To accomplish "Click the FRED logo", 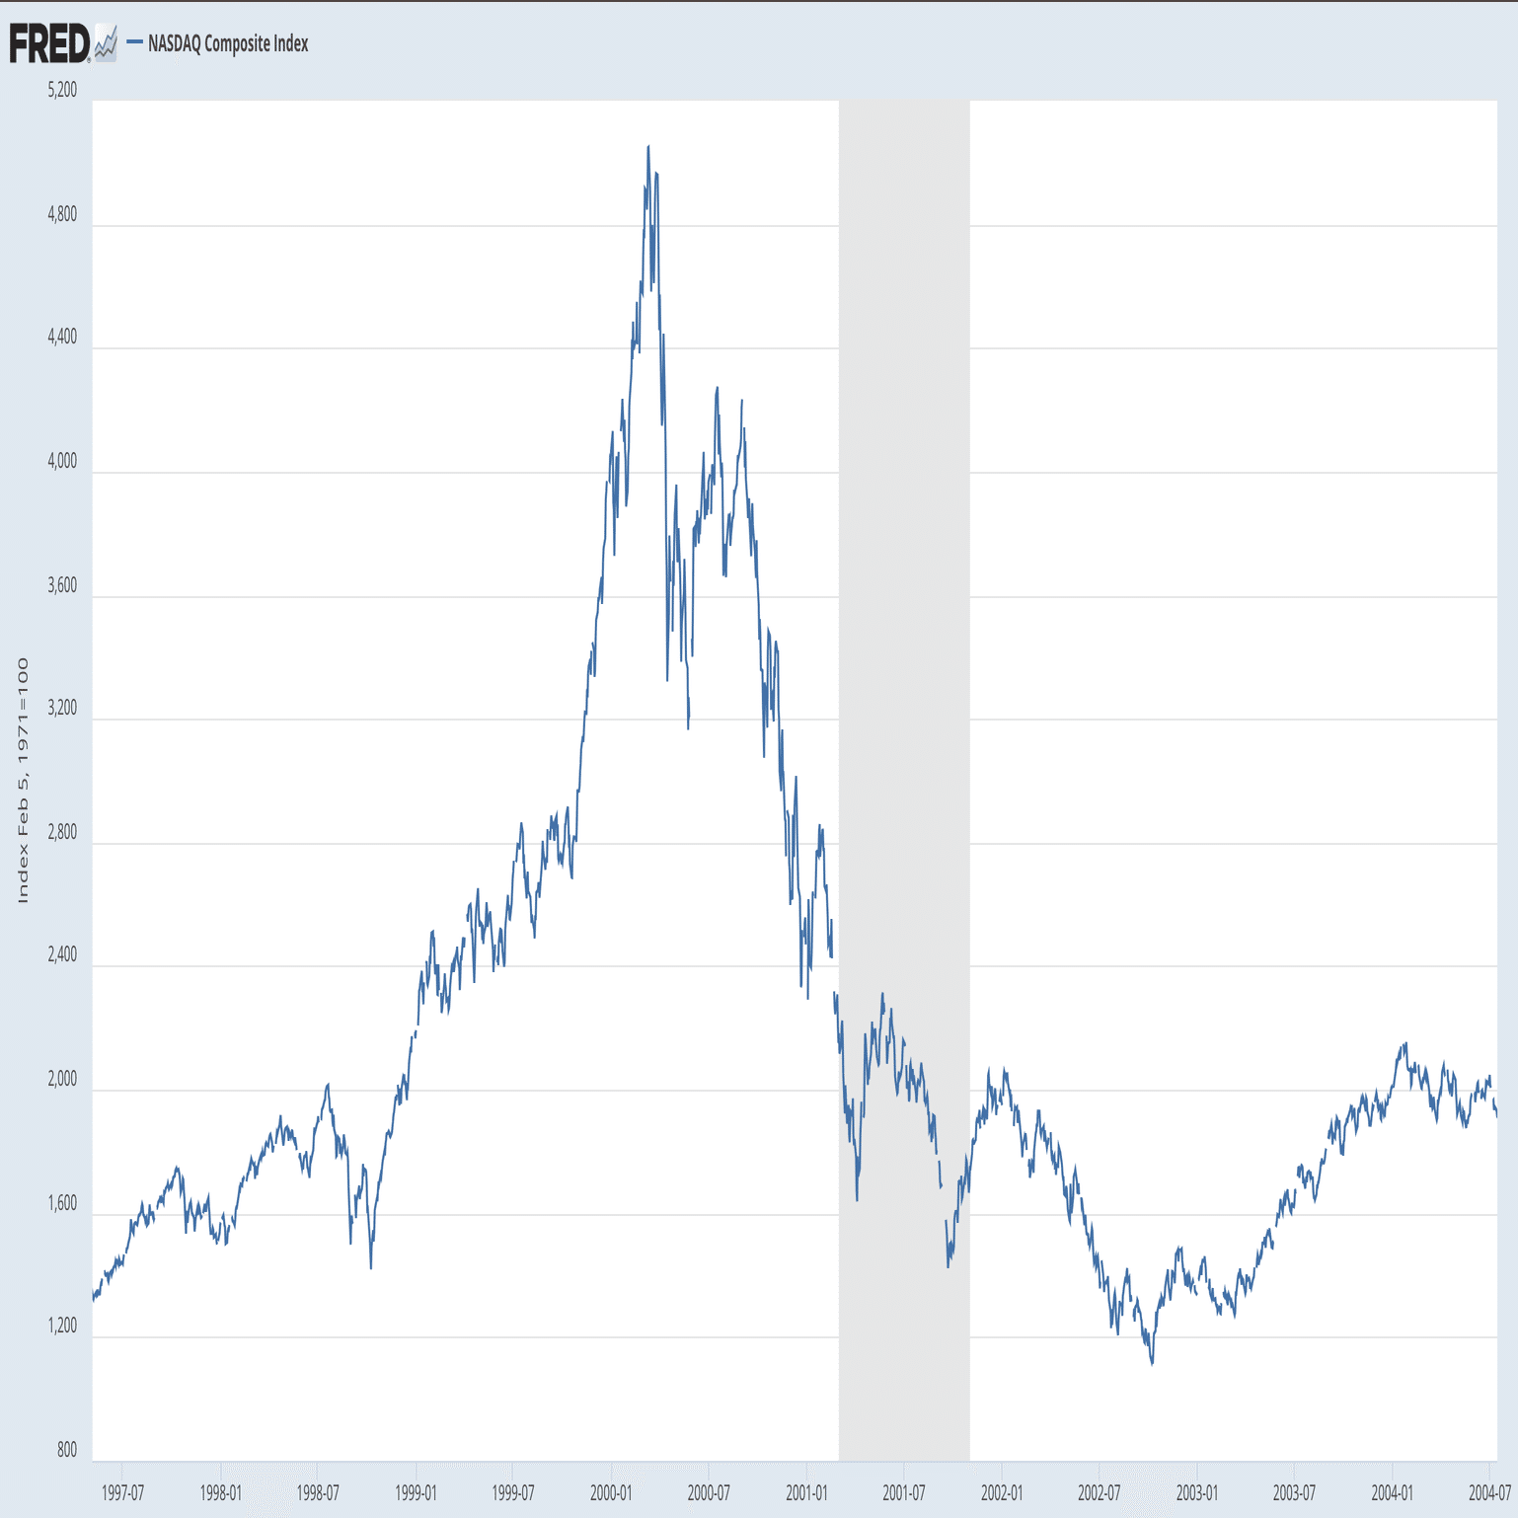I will point(49,43).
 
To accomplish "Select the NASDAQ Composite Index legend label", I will point(228,43).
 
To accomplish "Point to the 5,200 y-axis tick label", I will point(62,90).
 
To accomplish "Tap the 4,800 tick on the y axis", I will point(62,214).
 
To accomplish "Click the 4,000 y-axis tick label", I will point(62,461).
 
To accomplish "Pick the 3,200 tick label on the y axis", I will point(62,708).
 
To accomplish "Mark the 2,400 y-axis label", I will point(62,954).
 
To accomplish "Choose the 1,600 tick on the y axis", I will point(62,1203).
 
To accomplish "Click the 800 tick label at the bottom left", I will point(66,1450).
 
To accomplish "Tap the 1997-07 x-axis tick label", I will point(122,1492).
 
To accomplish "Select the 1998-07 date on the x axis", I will point(318,1492).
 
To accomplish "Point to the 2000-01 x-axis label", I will point(611,1492).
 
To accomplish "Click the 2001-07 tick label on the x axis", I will point(904,1492).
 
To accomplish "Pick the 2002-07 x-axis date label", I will point(1099,1492).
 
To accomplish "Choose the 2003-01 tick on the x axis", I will point(1196,1492).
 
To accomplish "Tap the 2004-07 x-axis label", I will point(1489,1492).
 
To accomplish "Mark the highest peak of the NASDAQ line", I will point(648,146).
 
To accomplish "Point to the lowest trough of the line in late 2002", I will point(1152,1364).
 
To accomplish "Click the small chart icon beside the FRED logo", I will point(106,44).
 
